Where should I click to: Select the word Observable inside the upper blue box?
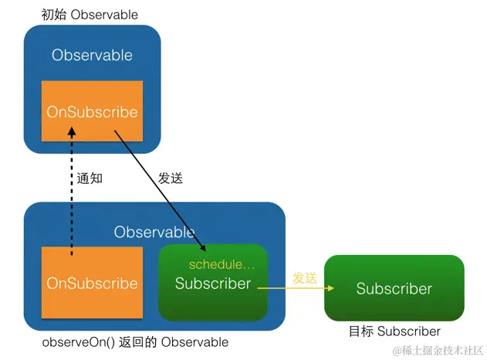coord(92,56)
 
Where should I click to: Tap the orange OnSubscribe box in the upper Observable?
coord(92,112)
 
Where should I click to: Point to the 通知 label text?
coord(90,178)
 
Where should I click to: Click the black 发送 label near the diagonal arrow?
coord(171,178)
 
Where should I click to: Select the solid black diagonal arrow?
coord(158,189)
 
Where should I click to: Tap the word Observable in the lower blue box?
coord(154,232)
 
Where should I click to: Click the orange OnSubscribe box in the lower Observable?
coord(92,284)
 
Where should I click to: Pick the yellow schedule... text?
coord(222,265)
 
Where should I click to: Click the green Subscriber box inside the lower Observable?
coord(212,284)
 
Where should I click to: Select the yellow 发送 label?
coord(305,277)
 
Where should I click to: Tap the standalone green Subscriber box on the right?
coord(394,288)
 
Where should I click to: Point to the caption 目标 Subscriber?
coord(394,331)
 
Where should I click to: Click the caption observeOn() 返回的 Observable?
coord(135,342)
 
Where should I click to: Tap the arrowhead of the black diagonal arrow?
coord(203,249)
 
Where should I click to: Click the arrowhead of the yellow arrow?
coord(330,289)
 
